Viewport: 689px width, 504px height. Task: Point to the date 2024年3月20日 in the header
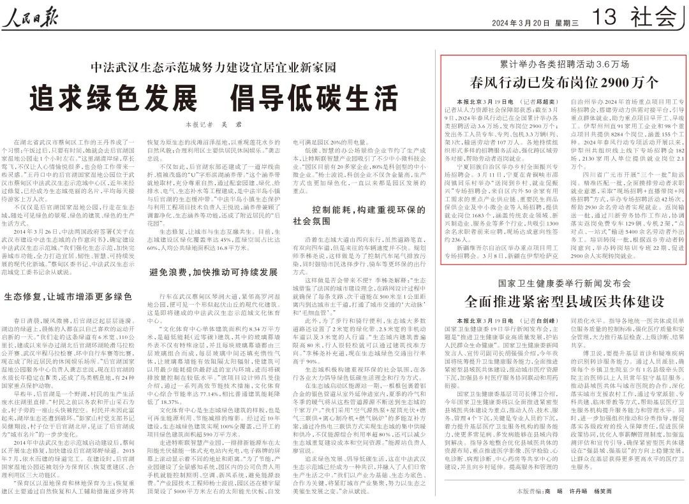[x=520, y=23]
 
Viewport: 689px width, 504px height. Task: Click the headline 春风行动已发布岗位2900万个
[x=564, y=82]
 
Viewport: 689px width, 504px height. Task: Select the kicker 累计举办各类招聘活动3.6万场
[x=564, y=65]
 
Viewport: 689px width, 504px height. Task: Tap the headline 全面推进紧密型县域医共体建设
[x=564, y=299]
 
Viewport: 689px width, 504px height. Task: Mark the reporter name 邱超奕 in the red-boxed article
[x=544, y=101]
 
